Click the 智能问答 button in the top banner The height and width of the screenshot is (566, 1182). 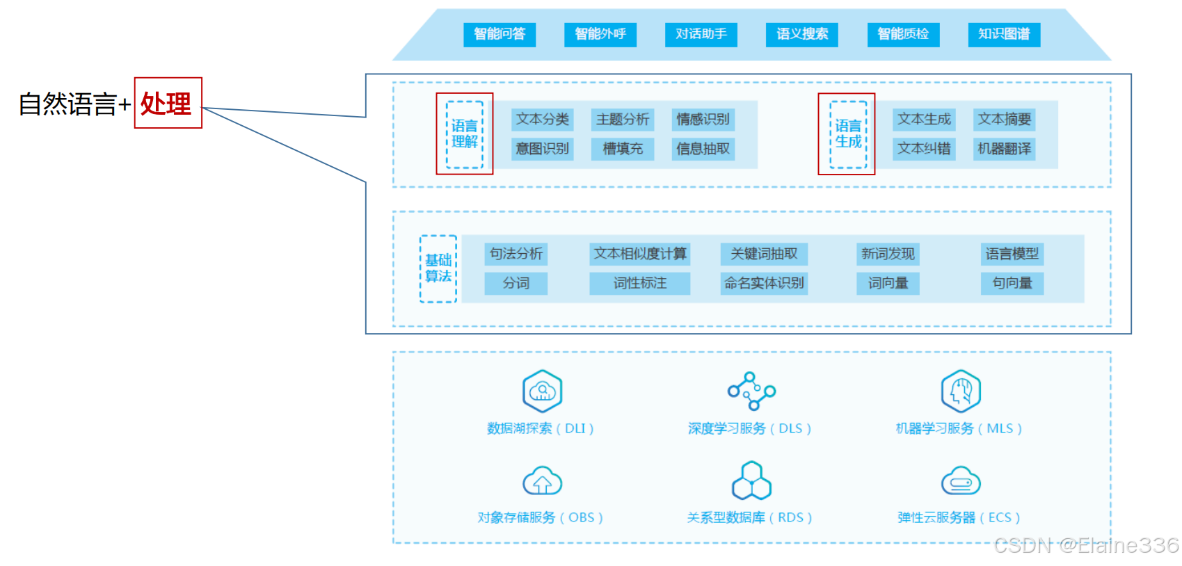pyautogui.click(x=500, y=34)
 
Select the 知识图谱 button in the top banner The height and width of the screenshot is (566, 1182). pyautogui.click(x=1004, y=34)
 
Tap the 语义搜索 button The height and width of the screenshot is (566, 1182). pyautogui.click(x=802, y=34)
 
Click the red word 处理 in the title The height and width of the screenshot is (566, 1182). pyautogui.click(x=167, y=104)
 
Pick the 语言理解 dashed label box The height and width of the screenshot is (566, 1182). pyautogui.click(x=464, y=134)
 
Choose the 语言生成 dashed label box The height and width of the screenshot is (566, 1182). pyautogui.click(x=847, y=134)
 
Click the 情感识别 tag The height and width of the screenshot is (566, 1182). pyautogui.click(x=703, y=120)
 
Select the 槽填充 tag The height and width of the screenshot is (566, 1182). pyautogui.click(x=623, y=149)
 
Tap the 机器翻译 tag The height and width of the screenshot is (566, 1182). pyautogui.click(x=1004, y=149)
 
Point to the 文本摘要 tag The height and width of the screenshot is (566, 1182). pyautogui.click(x=1004, y=120)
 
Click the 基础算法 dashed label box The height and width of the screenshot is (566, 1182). pyautogui.click(x=438, y=268)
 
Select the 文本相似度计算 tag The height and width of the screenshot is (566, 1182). pyautogui.click(x=640, y=254)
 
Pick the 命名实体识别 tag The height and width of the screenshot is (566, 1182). pyautogui.click(x=764, y=283)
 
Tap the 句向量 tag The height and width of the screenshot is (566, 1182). pyautogui.click(x=1012, y=283)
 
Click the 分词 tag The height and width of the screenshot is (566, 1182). pyautogui.click(x=516, y=283)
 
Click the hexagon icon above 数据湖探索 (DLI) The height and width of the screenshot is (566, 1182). pyautogui.click(x=542, y=391)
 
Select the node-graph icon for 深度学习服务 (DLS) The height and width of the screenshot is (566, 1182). pyautogui.click(x=751, y=391)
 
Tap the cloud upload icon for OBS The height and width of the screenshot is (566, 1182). pyautogui.click(x=542, y=481)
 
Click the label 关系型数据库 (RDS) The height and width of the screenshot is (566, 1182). pyautogui.click(x=749, y=517)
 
